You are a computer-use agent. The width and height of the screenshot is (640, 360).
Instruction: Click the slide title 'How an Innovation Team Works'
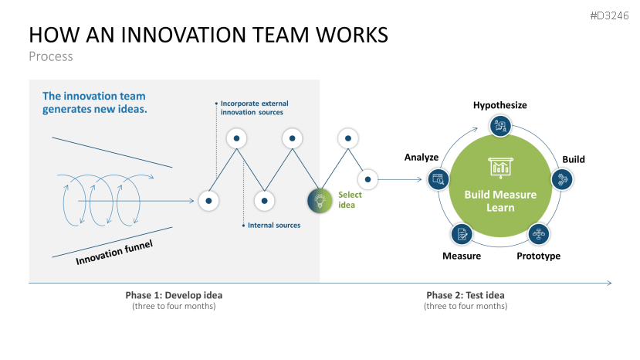pyautogui.click(x=208, y=35)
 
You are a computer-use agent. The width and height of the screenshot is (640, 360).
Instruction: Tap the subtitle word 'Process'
pyautogui.click(x=51, y=56)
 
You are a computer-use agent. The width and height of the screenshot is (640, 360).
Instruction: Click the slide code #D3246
pyautogui.click(x=610, y=15)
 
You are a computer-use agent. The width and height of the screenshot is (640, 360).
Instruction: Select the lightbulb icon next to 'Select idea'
pyautogui.click(x=320, y=200)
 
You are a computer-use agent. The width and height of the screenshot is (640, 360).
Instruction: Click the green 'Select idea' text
pyautogui.click(x=350, y=200)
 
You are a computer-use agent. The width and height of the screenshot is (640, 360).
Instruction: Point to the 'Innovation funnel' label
pyautogui.click(x=114, y=253)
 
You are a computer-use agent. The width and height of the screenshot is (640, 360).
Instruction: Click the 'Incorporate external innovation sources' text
pyautogui.click(x=252, y=107)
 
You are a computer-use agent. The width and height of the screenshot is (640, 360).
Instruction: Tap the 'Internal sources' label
pyautogui.click(x=274, y=226)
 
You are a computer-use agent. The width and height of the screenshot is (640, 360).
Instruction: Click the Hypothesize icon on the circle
pyautogui.click(x=500, y=125)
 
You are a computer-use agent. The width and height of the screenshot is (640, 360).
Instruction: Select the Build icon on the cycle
pyautogui.click(x=561, y=179)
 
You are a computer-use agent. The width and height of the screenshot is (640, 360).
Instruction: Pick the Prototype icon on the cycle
pyautogui.click(x=538, y=233)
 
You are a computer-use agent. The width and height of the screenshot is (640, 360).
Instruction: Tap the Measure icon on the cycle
pyautogui.click(x=462, y=233)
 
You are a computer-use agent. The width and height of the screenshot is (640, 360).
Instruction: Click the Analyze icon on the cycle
pyautogui.click(x=438, y=179)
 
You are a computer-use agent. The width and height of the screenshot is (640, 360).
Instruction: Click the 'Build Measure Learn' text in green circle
pyautogui.click(x=499, y=201)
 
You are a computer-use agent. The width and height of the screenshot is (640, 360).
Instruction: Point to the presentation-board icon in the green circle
pyautogui.click(x=499, y=166)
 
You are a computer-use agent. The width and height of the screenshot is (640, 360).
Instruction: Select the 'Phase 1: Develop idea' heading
pyautogui.click(x=174, y=295)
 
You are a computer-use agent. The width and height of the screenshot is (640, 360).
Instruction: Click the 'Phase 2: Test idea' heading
pyautogui.click(x=466, y=295)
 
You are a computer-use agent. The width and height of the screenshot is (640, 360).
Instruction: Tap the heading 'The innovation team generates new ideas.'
pyautogui.click(x=94, y=103)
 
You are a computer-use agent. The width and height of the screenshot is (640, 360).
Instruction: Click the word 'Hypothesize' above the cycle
pyautogui.click(x=500, y=105)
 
